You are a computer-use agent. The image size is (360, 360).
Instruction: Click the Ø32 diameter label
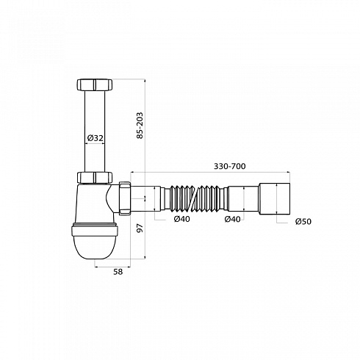(x=96, y=138)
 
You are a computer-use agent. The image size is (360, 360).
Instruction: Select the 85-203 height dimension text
(x=140, y=126)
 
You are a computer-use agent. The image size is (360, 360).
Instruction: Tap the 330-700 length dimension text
(x=230, y=166)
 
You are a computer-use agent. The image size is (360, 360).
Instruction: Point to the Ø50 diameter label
(x=303, y=222)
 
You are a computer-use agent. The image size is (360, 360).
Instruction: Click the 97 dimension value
(x=140, y=228)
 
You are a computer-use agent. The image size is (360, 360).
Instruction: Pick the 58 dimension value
(x=118, y=272)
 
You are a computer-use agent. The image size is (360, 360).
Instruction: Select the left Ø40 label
(x=182, y=219)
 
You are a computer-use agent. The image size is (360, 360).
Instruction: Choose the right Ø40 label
(x=232, y=219)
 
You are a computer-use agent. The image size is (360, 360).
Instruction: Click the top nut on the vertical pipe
(x=95, y=84)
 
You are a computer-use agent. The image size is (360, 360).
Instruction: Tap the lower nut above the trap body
(x=95, y=178)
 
